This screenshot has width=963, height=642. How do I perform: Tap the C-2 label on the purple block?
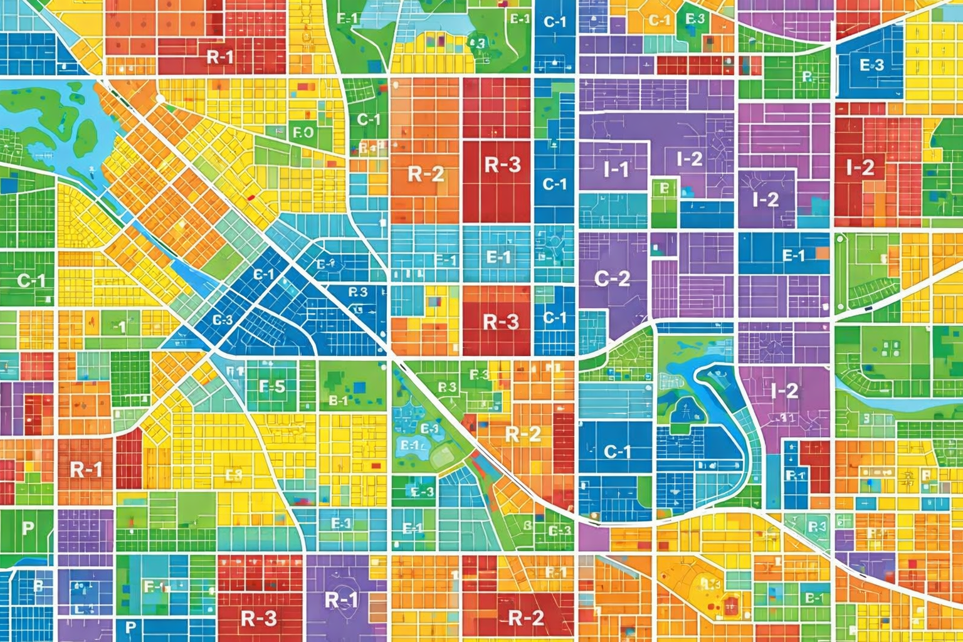[x=611, y=278]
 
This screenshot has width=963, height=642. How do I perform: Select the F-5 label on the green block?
[x=272, y=386]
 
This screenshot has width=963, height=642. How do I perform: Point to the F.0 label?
[x=303, y=132]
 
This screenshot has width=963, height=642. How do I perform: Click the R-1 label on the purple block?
[x=342, y=600]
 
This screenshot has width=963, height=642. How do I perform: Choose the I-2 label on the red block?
[x=860, y=167]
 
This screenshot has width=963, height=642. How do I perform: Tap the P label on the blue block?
[x=130, y=626]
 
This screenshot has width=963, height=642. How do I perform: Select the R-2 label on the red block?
[x=525, y=618]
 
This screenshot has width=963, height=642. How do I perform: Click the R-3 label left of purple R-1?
[x=258, y=618]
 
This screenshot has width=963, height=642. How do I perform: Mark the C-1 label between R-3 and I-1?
[x=554, y=184]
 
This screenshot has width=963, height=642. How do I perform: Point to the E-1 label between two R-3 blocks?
[x=498, y=256]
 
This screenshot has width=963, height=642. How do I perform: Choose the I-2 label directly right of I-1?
[x=690, y=159]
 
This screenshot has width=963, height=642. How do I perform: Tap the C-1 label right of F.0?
[x=369, y=118]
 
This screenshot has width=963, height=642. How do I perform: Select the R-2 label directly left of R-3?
[x=426, y=173]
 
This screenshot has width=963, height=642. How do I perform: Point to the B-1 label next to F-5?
[x=338, y=400]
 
